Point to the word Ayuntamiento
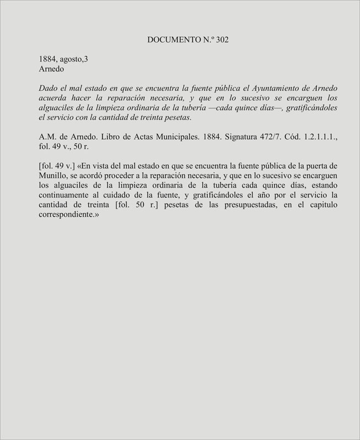tap(263, 88)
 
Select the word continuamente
tap(65, 195)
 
